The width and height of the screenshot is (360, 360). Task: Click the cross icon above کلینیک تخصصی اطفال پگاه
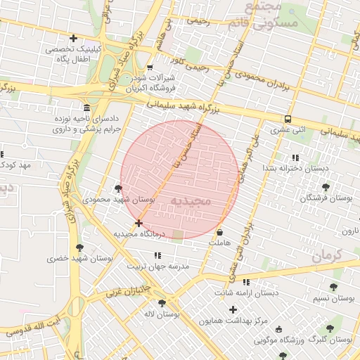[74, 38]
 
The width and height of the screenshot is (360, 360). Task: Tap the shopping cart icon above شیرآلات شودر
[149, 67]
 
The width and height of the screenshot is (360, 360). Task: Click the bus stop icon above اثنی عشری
[288, 118]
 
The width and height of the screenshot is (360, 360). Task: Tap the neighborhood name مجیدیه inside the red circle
[191, 201]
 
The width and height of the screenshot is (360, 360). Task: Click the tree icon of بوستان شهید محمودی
[117, 188]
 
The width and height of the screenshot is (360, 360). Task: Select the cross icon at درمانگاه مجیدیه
[139, 223]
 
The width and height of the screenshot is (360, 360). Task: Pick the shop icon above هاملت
[220, 231]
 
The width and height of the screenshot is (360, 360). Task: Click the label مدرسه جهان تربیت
[158, 266]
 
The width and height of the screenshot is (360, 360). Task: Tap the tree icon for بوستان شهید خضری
[79, 247]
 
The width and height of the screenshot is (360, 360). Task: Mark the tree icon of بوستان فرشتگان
[325, 187]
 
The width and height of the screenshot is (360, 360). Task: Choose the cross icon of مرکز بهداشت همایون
[233, 309]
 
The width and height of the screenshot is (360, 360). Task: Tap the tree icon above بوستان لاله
[162, 303]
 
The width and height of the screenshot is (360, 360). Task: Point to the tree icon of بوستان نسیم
[333, 287]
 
